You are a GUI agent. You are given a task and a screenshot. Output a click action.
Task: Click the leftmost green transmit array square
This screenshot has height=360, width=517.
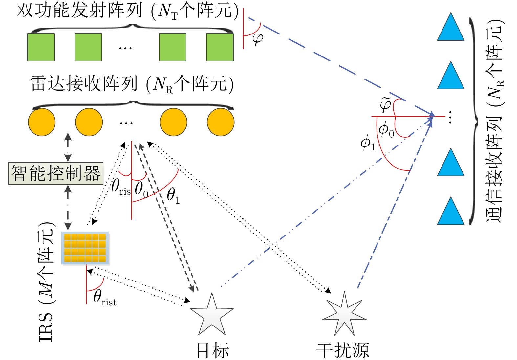point(41,47)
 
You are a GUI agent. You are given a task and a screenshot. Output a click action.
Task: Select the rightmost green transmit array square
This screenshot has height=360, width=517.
point(220,47)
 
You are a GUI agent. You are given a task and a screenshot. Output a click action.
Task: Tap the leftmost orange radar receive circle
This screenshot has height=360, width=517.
point(42,122)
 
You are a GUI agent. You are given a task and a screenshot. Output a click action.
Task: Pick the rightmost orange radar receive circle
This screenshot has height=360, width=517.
point(221,122)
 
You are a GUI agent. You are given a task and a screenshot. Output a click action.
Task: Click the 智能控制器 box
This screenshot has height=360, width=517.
point(56,173)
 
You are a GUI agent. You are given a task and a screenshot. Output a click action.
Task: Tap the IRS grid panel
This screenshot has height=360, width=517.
point(85,248)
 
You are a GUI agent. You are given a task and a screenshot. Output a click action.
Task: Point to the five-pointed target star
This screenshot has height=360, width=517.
point(212,315)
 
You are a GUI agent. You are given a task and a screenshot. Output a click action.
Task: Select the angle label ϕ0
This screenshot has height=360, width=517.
point(386,130)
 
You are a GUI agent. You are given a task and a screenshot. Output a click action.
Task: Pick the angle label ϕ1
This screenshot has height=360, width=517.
point(367,143)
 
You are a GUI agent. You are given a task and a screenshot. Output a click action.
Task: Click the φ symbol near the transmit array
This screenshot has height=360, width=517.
point(258,39)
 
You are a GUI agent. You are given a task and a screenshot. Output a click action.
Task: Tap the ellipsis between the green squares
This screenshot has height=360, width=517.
point(125,48)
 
